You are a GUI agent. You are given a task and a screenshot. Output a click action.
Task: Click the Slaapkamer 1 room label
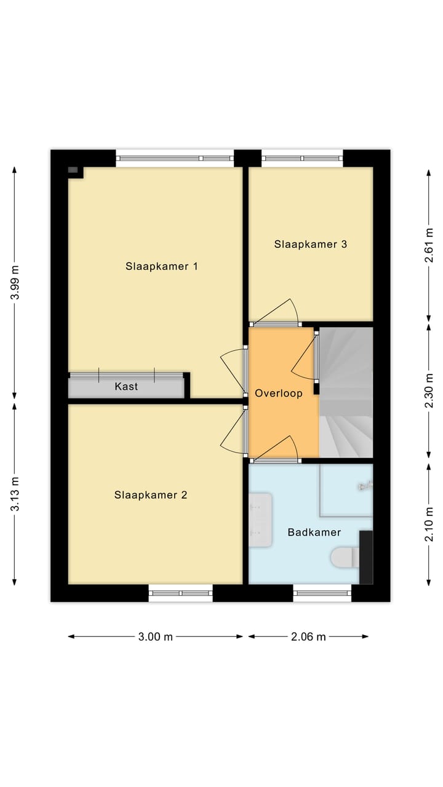161,266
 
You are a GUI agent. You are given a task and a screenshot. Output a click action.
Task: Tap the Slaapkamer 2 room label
150,495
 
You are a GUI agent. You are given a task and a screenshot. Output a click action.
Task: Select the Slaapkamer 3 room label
310,244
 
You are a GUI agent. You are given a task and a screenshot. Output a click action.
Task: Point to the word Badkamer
314,532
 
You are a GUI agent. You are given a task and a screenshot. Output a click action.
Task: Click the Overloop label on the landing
279,393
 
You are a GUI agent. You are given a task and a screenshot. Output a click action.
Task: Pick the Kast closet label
126,387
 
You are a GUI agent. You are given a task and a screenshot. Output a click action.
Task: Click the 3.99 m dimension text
17,282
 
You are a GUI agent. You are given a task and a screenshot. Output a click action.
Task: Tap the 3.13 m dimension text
17,494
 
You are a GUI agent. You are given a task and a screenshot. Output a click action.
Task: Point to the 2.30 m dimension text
429,392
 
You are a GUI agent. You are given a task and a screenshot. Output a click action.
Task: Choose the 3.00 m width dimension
155,637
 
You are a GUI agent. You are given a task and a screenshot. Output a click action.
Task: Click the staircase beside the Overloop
346,393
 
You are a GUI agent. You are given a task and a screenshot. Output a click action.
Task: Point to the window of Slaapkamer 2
180,593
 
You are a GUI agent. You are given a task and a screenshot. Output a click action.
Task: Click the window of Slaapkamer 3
301,158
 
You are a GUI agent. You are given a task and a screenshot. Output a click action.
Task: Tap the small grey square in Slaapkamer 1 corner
73,170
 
